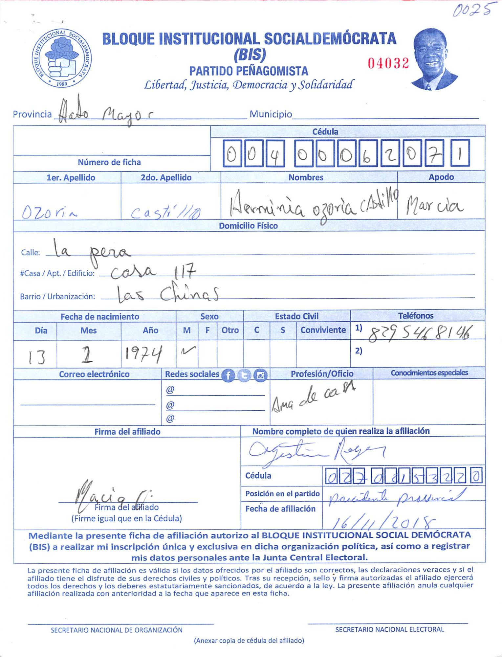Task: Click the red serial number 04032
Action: click(x=388, y=63)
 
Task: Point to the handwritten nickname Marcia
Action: click(x=434, y=206)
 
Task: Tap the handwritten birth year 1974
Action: click(x=143, y=355)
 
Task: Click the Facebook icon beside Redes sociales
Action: click(x=228, y=375)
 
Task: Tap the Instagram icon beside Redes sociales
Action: click(x=260, y=375)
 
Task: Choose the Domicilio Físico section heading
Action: click(x=248, y=226)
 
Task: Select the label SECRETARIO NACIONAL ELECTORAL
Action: click(x=389, y=629)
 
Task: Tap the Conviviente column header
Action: click(x=323, y=330)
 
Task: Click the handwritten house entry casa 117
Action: click(x=153, y=272)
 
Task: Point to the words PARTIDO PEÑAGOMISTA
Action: click(x=249, y=71)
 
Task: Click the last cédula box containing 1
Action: click(x=460, y=153)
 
